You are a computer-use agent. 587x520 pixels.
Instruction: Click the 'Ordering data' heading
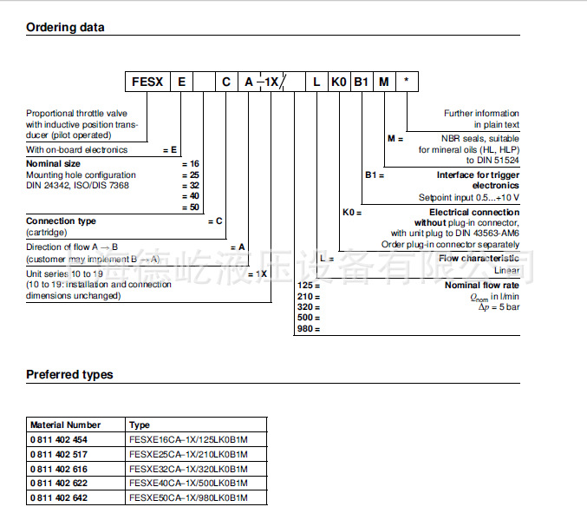(65, 27)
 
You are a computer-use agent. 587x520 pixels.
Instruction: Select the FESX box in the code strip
(147, 82)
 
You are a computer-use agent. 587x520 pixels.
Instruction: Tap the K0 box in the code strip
(339, 82)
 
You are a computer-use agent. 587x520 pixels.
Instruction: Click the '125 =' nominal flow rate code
(309, 286)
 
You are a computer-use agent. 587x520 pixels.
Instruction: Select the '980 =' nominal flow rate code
(309, 329)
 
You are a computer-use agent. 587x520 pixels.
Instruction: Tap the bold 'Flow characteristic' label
(479, 259)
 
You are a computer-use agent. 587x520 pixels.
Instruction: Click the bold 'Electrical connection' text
(474, 212)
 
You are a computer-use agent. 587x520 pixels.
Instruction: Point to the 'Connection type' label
(61, 221)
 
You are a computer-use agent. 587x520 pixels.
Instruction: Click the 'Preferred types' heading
(69, 374)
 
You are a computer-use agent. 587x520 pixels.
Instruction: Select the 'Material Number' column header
(65, 425)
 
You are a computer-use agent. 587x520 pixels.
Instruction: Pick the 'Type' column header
(140, 425)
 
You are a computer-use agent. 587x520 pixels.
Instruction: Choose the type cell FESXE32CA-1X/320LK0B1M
(188, 468)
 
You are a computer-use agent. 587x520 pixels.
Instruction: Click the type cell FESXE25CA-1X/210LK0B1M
(188, 454)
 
